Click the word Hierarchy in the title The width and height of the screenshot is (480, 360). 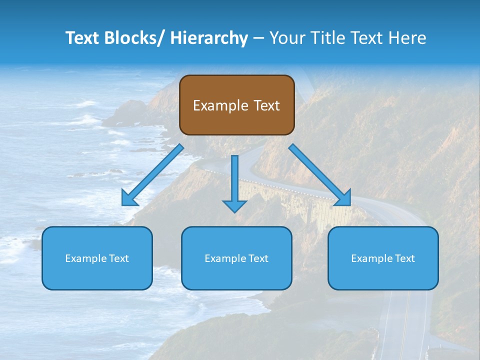(209, 38)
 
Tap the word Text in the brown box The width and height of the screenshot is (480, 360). (265, 105)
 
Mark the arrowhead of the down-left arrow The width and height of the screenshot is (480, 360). (129, 198)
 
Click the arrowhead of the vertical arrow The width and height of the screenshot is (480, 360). (234, 205)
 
